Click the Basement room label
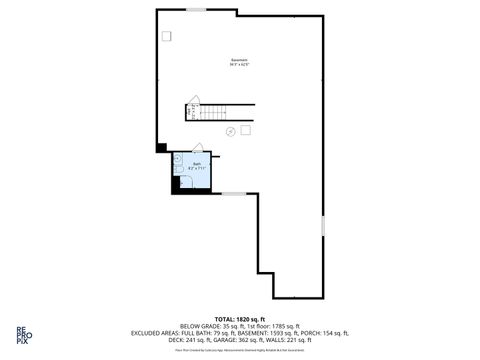[239, 59]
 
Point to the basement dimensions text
[239, 65]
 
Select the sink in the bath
[177, 157]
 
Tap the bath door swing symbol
[198, 146]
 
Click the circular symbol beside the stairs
[231, 131]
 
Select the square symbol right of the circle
[246, 129]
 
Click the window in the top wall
[196, 10]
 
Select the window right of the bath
[233, 194]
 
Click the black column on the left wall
[160, 147]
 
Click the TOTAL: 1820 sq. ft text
[240, 318]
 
